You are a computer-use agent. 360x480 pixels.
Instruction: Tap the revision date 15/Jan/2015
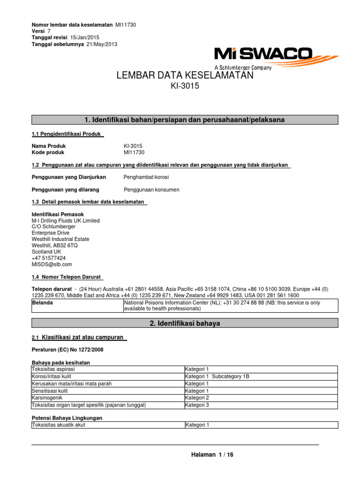(84, 37)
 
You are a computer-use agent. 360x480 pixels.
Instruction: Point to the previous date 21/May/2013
(101, 44)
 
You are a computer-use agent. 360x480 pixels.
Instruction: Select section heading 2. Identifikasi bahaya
(184, 323)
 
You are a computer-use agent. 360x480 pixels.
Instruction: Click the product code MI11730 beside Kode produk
(135, 152)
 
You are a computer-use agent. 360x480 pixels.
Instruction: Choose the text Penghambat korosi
(146, 177)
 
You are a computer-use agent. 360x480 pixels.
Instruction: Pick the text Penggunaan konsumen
(151, 190)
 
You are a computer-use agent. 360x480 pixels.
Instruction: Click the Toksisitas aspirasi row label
(52, 369)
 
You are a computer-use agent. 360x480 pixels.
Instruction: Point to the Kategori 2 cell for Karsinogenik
(197, 397)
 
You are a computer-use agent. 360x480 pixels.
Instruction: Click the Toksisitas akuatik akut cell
(58, 425)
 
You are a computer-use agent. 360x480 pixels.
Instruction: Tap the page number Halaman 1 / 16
(212, 455)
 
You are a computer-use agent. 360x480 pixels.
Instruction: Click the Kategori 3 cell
(197, 405)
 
